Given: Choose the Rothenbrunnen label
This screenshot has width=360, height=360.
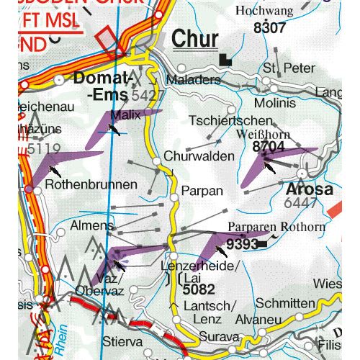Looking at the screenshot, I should (91, 185).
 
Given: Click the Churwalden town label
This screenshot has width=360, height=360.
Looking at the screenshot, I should (199, 156).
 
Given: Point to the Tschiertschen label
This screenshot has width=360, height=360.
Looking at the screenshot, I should (230, 120).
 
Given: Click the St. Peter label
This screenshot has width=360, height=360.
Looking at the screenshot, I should (289, 68).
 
